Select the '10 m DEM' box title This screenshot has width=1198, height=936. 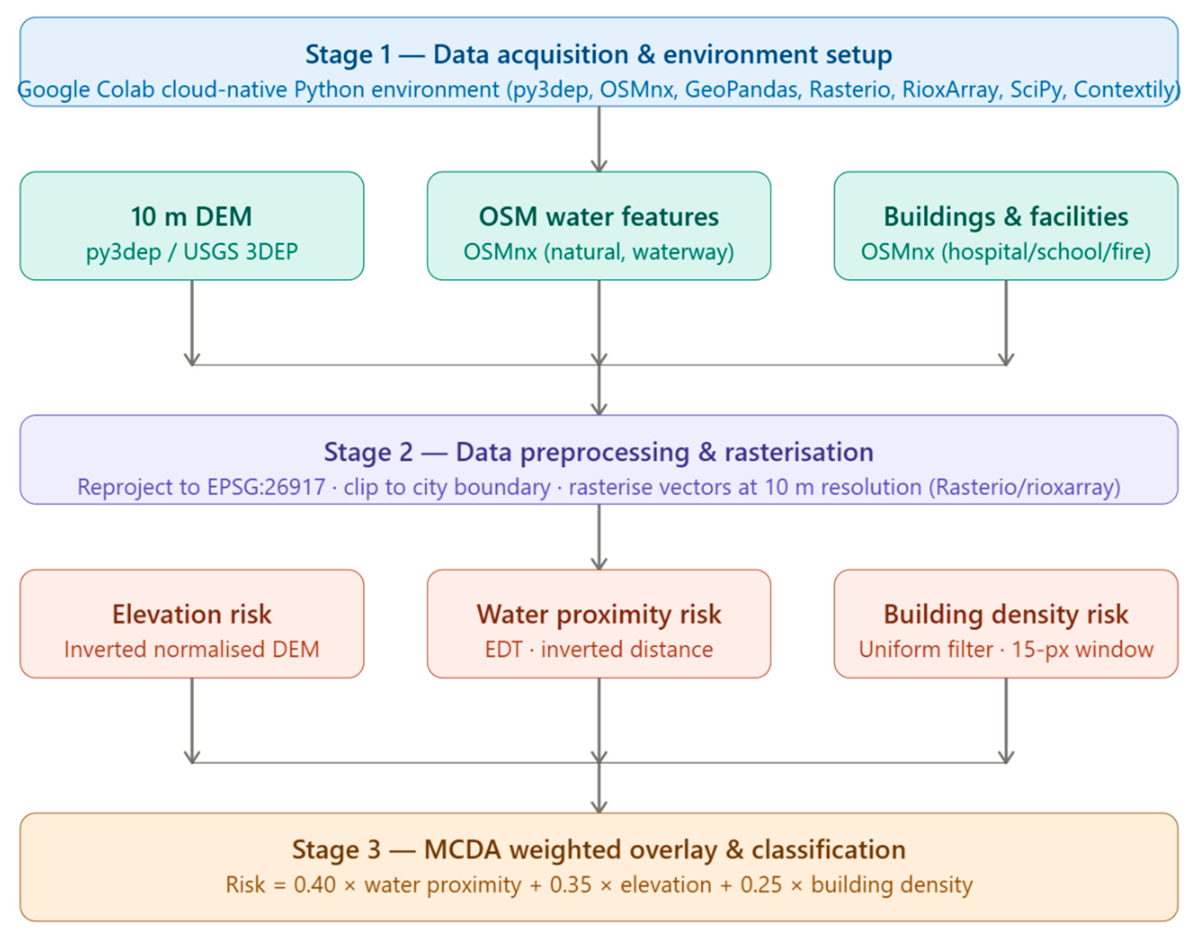click(191, 217)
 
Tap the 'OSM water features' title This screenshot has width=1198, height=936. click(598, 217)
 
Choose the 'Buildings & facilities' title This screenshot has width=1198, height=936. click(1006, 217)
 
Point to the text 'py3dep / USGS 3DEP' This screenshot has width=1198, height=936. click(191, 252)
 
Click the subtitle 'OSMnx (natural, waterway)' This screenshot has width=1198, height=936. click(598, 252)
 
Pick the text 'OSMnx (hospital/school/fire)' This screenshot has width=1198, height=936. click(1006, 252)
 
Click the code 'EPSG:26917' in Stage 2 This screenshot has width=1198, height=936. click(266, 487)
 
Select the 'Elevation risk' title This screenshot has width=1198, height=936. click(191, 614)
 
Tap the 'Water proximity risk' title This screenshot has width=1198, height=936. click(598, 614)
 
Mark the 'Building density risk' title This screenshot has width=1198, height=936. click(1006, 614)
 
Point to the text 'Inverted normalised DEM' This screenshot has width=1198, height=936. click(191, 649)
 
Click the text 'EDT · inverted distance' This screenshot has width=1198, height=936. click(598, 649)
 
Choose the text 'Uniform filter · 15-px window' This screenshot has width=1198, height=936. click(1006, 649)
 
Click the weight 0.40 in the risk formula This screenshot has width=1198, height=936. click(314, 885)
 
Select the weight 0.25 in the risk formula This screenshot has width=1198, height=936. click(761, 885)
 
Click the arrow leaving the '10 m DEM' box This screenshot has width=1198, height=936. click(191, 322)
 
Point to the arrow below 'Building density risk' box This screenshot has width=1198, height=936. click(1006, 721)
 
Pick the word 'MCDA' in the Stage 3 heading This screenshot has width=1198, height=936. click(462, 850)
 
